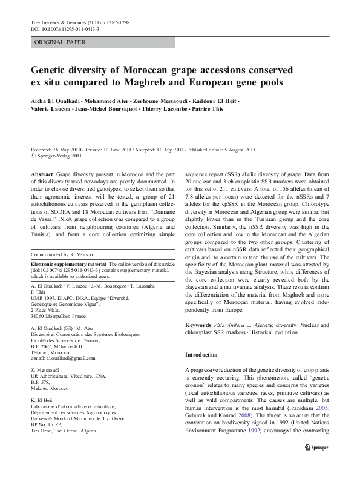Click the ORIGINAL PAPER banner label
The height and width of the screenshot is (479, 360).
pyautogui.click(x=60, y=42)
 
